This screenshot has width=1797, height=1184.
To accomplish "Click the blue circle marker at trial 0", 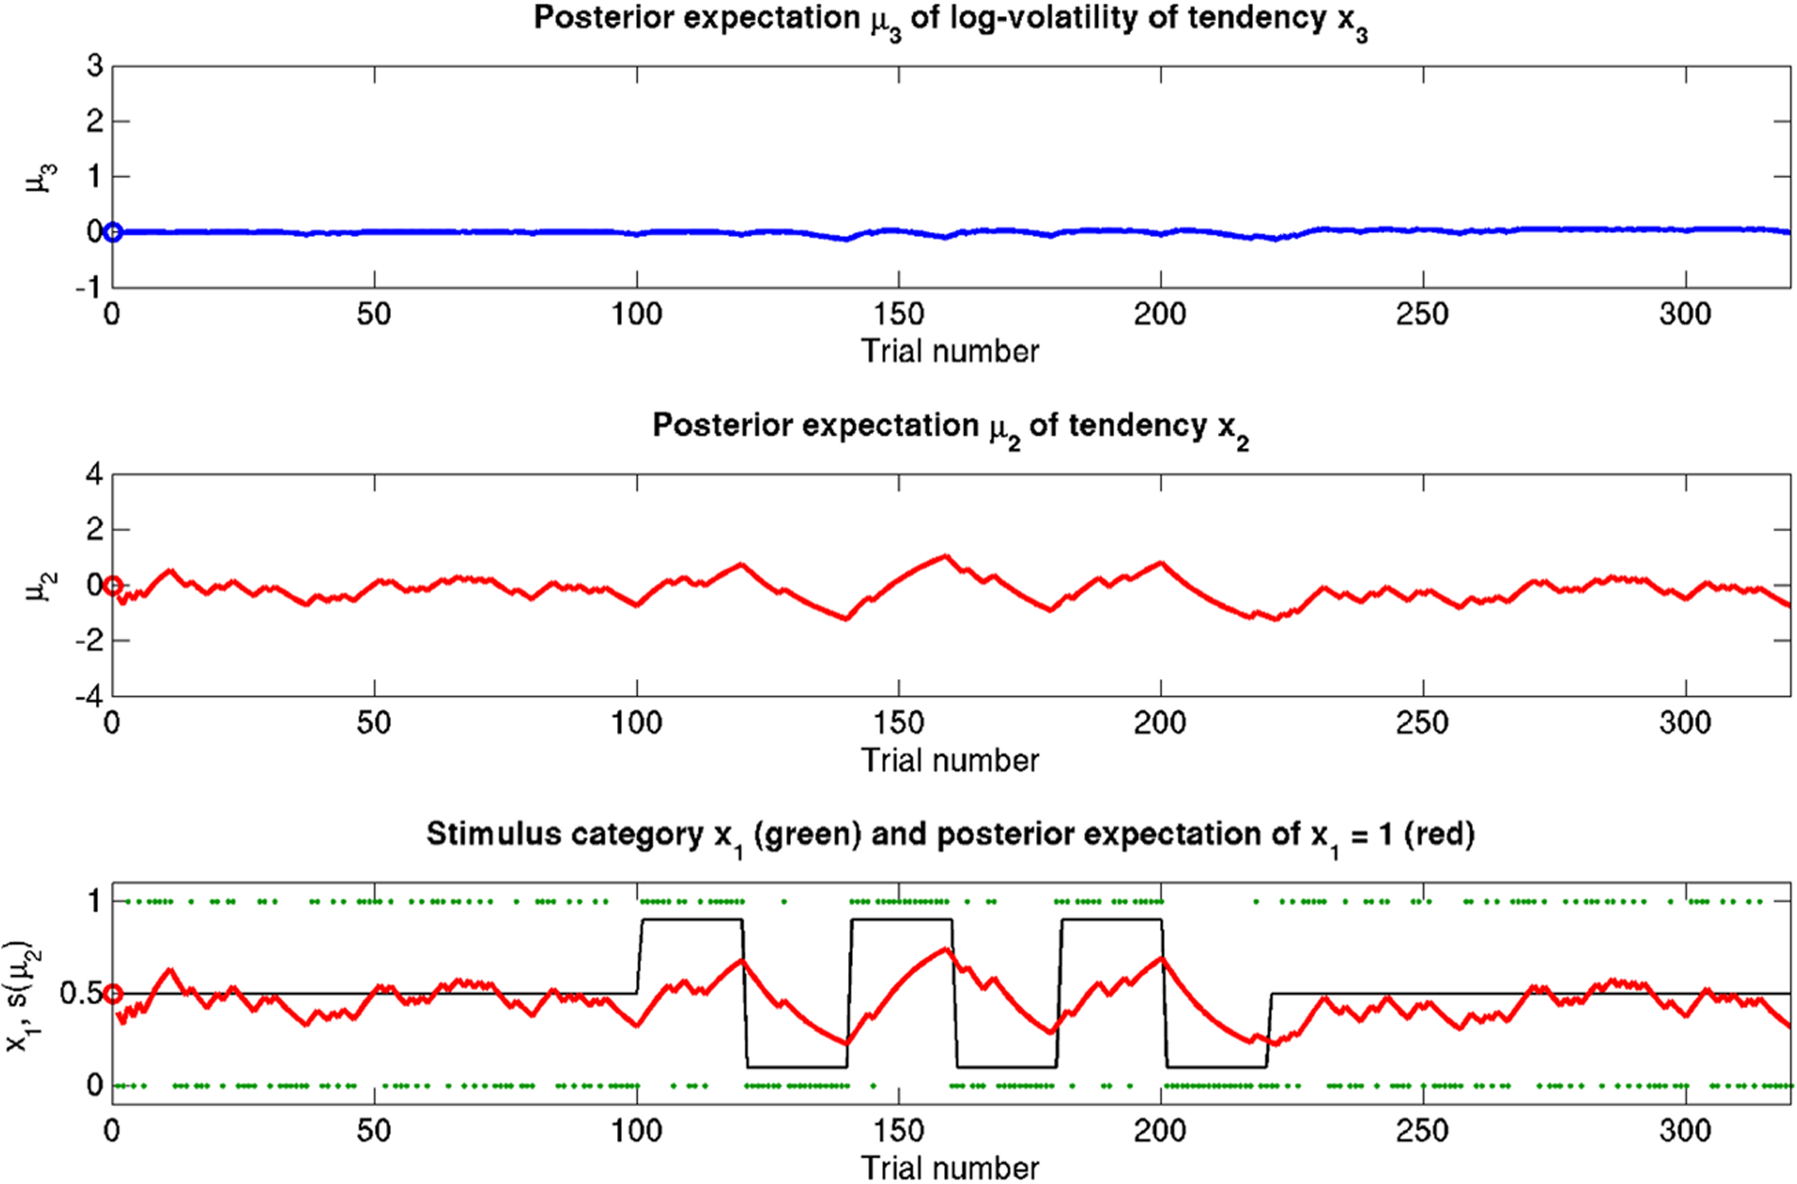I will coord(112,232).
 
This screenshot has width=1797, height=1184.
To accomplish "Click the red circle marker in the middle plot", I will coord(112,585).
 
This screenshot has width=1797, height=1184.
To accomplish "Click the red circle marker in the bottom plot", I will coord(112,994).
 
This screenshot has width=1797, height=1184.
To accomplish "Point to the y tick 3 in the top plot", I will coord(94,67).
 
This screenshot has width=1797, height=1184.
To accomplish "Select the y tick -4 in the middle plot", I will coord(89,696).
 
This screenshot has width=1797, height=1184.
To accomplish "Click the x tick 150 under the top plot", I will coord(898,315).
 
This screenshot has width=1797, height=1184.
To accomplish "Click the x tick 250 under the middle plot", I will coord(1422,724).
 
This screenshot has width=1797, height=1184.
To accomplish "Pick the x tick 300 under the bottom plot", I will coord(1685,1133).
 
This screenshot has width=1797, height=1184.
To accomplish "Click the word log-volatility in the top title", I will coord(1066,18).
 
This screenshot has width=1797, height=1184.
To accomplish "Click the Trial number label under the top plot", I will coord(950,352).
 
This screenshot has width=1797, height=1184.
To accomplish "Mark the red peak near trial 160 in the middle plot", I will coord(945,555).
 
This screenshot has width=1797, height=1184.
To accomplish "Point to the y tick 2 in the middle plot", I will coord(94,530).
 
